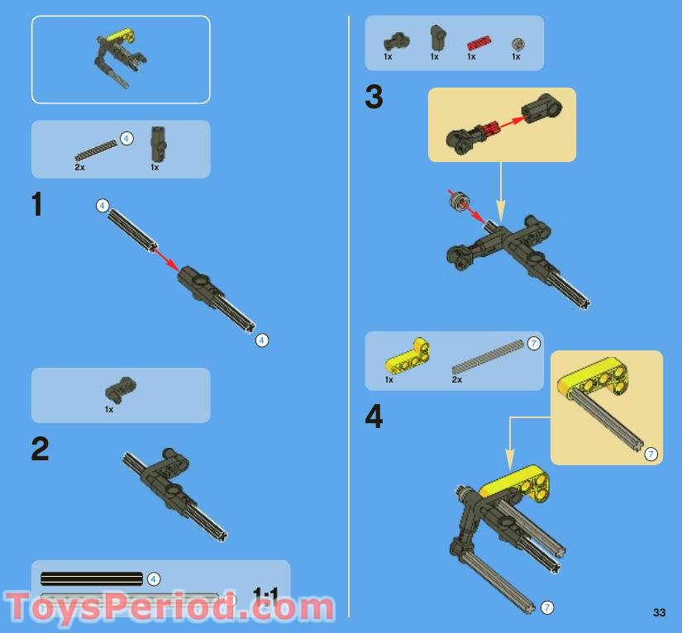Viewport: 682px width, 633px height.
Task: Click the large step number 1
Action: click(37, 204)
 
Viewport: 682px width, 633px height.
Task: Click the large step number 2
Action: click(40, 449)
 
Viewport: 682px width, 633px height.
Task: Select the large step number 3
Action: click(374, 98)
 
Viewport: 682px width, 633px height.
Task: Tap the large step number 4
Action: click(374, 416)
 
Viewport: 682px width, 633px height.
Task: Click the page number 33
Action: click(659, 612)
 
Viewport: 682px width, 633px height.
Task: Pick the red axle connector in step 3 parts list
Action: click(478, 41)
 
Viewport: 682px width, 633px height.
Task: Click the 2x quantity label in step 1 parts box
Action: click(79, 167)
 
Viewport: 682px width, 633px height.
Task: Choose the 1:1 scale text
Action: click(265, 594)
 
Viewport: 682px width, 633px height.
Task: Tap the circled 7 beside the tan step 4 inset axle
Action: click(651, 454)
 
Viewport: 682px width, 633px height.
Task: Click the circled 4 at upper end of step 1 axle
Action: click(102, 205)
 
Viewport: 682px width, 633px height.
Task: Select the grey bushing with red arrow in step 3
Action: click(457, 200)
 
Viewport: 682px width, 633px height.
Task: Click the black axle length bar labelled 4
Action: click(92, 578)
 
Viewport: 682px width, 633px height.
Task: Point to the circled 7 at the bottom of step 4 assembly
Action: click(546, 607)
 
